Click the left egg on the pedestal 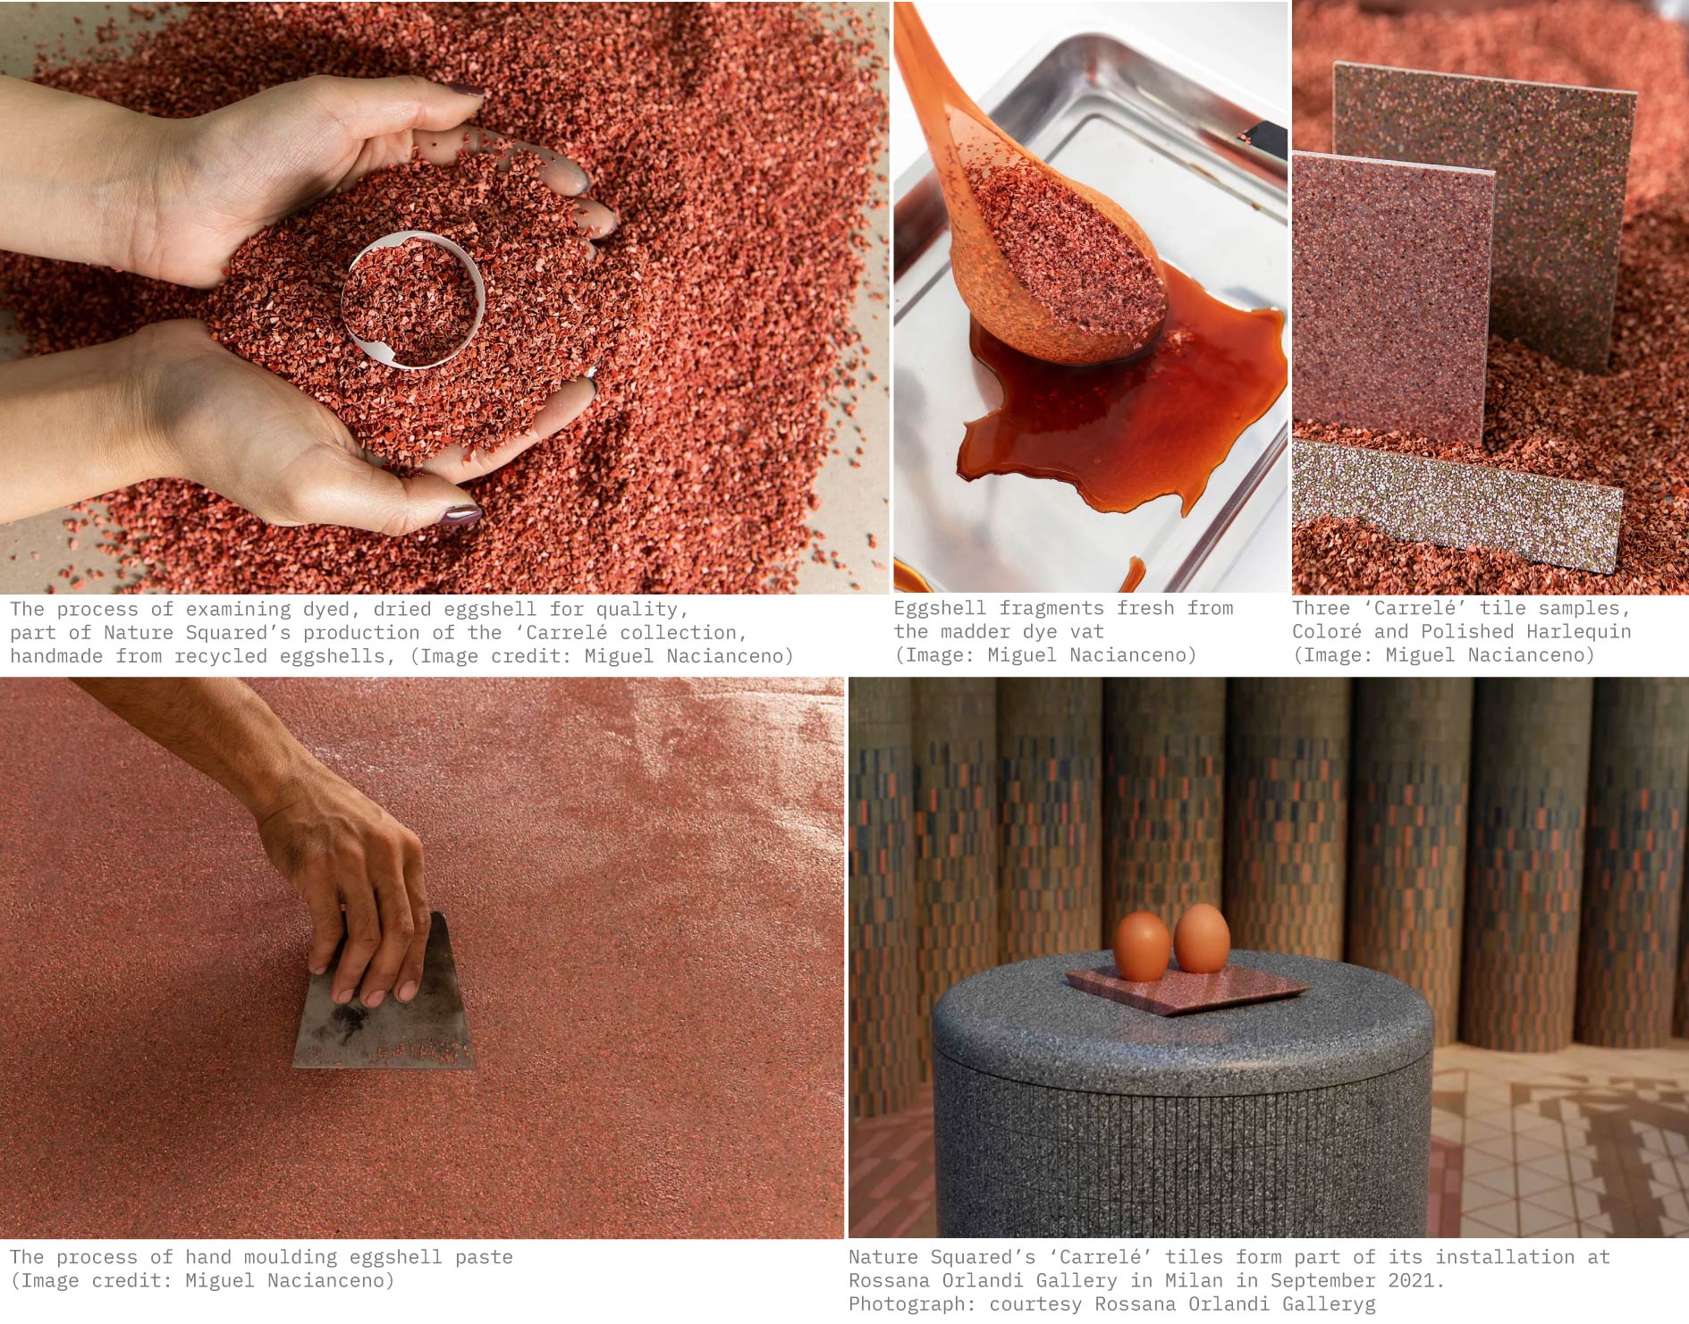(1141, 946)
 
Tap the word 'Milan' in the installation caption (1194, 1280)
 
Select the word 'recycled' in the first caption (221, 656)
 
